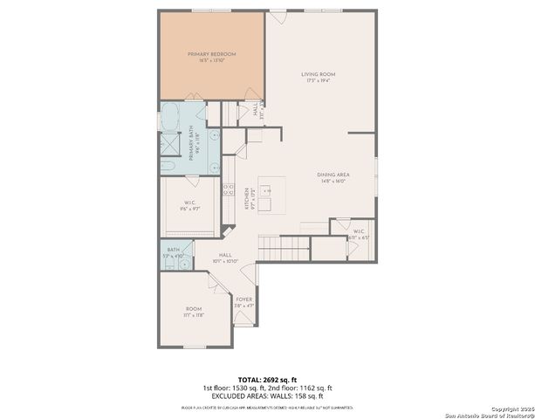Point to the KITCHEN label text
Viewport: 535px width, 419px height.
coord(248,199)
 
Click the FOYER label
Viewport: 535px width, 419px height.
coord(243,302)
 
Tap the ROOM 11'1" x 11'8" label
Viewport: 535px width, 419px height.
coord(194,312)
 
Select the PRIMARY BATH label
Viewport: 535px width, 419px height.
coord(195,141)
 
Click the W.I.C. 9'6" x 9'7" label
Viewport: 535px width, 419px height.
coord(189,206)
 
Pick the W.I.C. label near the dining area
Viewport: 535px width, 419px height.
coord(359,234)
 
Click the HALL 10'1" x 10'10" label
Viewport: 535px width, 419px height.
coord(225,259)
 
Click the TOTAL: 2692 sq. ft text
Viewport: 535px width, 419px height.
coord(267,380)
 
